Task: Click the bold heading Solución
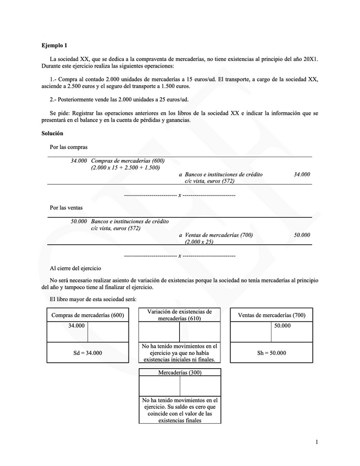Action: point(52,134)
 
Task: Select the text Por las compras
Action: point(69,147)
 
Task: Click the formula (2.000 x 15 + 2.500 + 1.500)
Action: point(125,167)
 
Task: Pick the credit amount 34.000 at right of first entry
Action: point(302,174)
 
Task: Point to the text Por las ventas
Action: point(67,208)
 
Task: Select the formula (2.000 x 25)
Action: point(199,242)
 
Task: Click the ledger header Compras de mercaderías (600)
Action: point(88,315)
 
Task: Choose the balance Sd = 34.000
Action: point(88,353)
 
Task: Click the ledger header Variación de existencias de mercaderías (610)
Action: point(179,315)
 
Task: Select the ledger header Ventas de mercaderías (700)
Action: point(272,315)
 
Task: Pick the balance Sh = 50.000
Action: point(272,353)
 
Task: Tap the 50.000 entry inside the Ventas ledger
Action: point(282,326)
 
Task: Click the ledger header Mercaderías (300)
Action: point(179,372)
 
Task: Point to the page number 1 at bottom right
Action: point(317,442)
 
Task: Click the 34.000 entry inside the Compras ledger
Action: point(76,326)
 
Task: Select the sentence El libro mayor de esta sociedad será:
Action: point(93,299)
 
